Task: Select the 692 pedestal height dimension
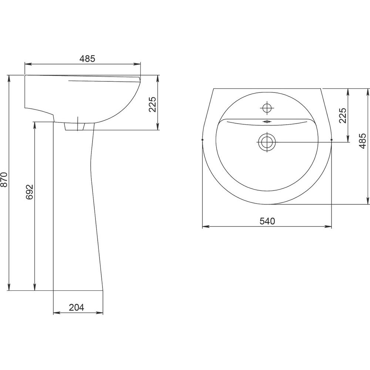pyautogui.click(x=30, y=192)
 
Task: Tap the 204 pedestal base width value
pyautogui.click(x=77, y=307)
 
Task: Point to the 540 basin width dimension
pyautogui.click(x=268, y=221)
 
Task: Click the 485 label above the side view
pyautogui.click(x=87, y=58)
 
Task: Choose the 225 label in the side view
pyautogui.click(x=152, y=104)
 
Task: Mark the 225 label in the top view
pyautogui.click(x=343, y=115)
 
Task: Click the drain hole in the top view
pyautogui.click(x=267, y=142)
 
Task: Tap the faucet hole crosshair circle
pyautogui.click(x=267, y=108)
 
